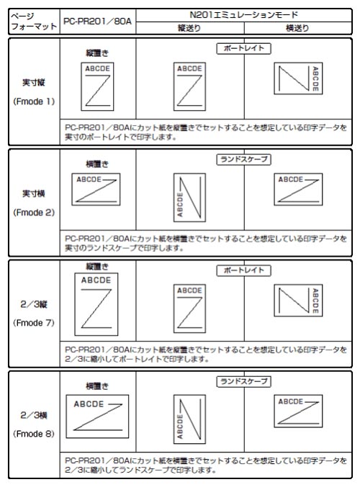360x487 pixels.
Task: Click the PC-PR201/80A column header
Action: click(97, 21)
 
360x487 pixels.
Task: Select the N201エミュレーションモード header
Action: click(244, 14)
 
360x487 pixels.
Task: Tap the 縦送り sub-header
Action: click(189, 28)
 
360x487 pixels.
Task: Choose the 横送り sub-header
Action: click(297, 28)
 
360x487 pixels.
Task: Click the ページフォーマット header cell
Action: click(34, 21)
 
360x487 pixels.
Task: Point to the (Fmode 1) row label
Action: click(34, 101)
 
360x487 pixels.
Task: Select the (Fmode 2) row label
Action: click(34, 212)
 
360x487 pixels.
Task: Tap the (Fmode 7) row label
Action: click(34, 323)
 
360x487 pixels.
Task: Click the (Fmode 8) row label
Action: click(34, 434)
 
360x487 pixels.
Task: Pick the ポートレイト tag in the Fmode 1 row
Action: click(244, 48)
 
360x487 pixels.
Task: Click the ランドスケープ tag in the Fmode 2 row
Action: click(244, 159)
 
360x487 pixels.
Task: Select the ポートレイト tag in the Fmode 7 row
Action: click(244, 270)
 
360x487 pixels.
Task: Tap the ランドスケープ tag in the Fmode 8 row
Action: click(244, 381)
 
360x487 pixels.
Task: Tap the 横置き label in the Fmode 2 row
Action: click(97, 164)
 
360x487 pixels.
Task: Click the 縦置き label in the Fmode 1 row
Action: click(97, 53)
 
